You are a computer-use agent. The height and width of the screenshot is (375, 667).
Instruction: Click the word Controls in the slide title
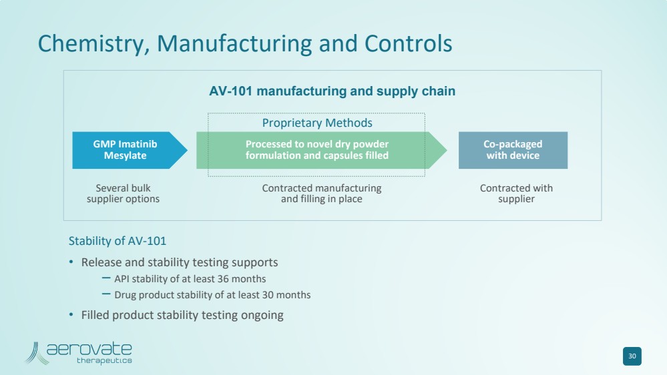[408, 43]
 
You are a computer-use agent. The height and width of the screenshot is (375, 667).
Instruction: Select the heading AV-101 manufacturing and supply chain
[332, 91]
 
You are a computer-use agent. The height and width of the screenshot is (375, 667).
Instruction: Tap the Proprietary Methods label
[317, 123]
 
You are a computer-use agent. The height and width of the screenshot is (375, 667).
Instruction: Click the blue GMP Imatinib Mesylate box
[125, 150]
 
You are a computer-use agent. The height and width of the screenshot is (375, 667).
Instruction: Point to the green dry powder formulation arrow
[317, 150]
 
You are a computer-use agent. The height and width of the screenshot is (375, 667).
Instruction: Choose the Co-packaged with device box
[513, 150]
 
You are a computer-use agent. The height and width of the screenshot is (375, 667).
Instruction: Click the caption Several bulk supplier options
[124, 194]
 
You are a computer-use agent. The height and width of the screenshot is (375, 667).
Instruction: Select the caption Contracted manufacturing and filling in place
[322, 194]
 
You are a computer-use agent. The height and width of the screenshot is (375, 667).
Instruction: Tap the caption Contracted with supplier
[516, 194]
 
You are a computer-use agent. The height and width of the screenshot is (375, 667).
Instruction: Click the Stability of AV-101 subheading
[118, 241]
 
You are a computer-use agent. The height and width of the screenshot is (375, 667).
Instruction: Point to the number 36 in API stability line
[225, 279]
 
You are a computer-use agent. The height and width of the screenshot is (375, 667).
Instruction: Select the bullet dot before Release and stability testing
[71, 262]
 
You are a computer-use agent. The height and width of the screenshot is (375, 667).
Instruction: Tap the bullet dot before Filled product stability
[71, 315]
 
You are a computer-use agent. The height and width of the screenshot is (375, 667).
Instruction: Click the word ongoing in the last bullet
[261, 315]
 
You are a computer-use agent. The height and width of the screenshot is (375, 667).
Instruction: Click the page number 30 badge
[632, 356]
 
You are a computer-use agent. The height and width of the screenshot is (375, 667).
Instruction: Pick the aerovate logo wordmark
[89, 349]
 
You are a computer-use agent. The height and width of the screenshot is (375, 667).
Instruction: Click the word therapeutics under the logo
[104, 361]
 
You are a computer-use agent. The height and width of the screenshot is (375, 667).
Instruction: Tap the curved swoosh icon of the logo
[36, 353]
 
